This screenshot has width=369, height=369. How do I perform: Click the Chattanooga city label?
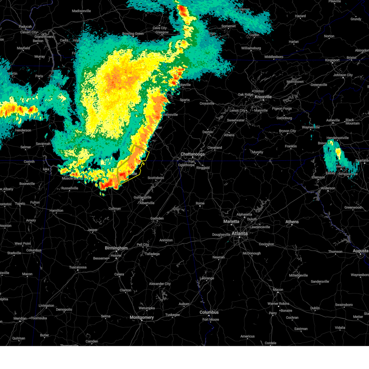192,154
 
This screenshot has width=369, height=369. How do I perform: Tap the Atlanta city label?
240,233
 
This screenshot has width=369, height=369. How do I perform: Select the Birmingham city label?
116,248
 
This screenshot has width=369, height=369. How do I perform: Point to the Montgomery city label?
141,317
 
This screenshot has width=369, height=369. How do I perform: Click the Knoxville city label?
263,97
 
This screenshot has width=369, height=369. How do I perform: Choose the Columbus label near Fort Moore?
209,312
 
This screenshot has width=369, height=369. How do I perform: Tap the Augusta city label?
360,251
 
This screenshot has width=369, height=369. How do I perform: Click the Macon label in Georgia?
278,290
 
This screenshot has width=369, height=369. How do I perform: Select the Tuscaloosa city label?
78,267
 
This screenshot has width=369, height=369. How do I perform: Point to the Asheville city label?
333,120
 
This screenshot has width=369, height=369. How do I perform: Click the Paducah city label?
25,27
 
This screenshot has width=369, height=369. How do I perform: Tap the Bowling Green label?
133,34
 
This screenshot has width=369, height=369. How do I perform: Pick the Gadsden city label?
157,219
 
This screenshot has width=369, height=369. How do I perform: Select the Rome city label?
200,203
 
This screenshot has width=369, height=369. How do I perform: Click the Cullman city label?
115,208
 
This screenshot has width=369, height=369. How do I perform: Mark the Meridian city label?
20,318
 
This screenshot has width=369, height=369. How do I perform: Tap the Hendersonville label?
338,138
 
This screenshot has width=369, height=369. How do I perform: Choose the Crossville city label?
207,103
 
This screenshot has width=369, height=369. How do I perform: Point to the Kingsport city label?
332,60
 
